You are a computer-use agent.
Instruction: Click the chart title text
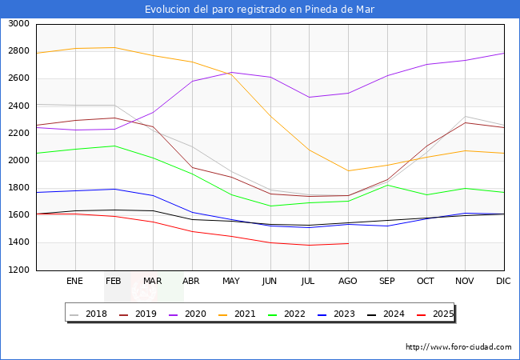(x=259, y=10)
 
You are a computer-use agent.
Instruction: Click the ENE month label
(x=74, y=281)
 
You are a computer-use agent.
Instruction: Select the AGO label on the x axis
(x=348, y=281)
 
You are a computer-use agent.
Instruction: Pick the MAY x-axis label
(x=230, y=281)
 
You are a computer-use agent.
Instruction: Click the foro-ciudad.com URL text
(x=458, y=347)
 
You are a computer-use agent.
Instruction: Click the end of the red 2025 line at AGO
(x=348, y=243)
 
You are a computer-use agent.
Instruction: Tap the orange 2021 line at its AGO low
(x=348, y=170)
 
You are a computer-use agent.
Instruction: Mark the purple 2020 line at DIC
(x=504, y=54)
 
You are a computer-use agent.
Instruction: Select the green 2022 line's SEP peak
(x=387, y=185)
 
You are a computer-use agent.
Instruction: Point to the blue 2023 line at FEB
(x=114, y=189)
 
